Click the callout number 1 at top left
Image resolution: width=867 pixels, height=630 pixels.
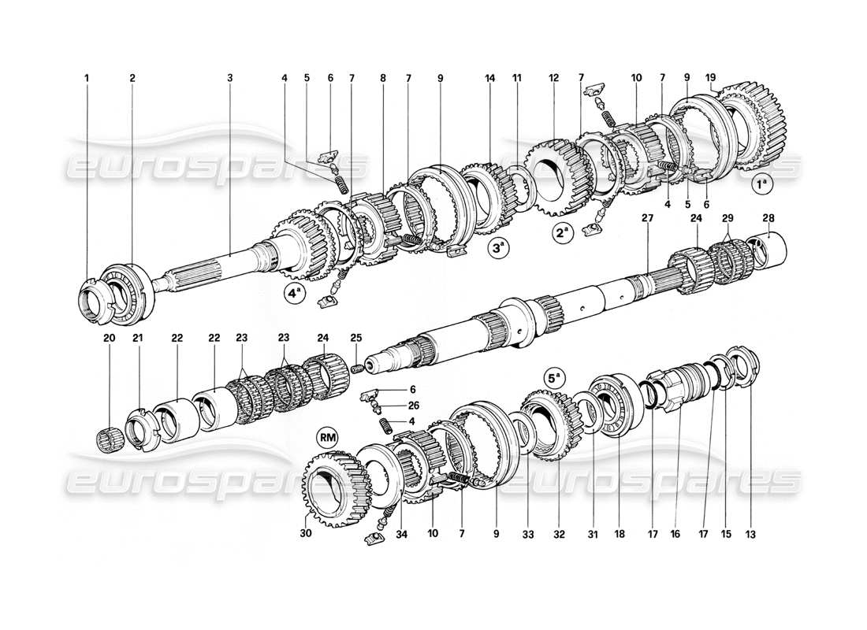pos(87,78)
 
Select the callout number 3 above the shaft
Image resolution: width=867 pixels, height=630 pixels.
pos(230,78)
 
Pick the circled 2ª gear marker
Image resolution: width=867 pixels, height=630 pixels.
pos(562,234)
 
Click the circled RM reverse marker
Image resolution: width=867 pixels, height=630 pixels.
pos(326,435)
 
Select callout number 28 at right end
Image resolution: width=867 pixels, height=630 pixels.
pos(768,217)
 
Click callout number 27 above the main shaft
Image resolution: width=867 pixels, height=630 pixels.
pos(647,217)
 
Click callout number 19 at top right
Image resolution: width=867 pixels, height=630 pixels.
pos(712,78)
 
